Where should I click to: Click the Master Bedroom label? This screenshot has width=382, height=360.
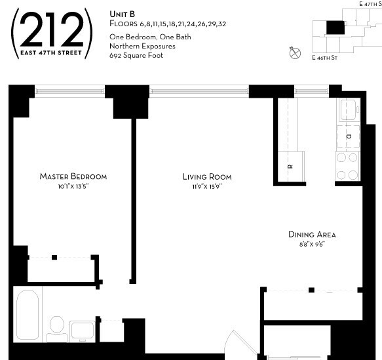click(x=73, y=176)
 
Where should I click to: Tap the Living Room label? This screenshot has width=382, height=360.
click(x=206, y=177)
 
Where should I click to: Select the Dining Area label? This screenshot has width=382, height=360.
click(x=312, y=234)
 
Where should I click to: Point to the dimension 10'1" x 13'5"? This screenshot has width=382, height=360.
click(x=73, y=186)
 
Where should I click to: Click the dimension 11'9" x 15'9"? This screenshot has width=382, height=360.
click(x=206, y=187)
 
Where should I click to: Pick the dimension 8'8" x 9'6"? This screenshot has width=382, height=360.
click(x=312, y=244)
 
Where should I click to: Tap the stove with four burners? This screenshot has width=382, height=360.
click(x=347, y=166)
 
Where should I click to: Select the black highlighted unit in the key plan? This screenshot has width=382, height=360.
click(x=335, y=26)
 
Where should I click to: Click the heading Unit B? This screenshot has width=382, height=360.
click(x=121, y=13)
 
